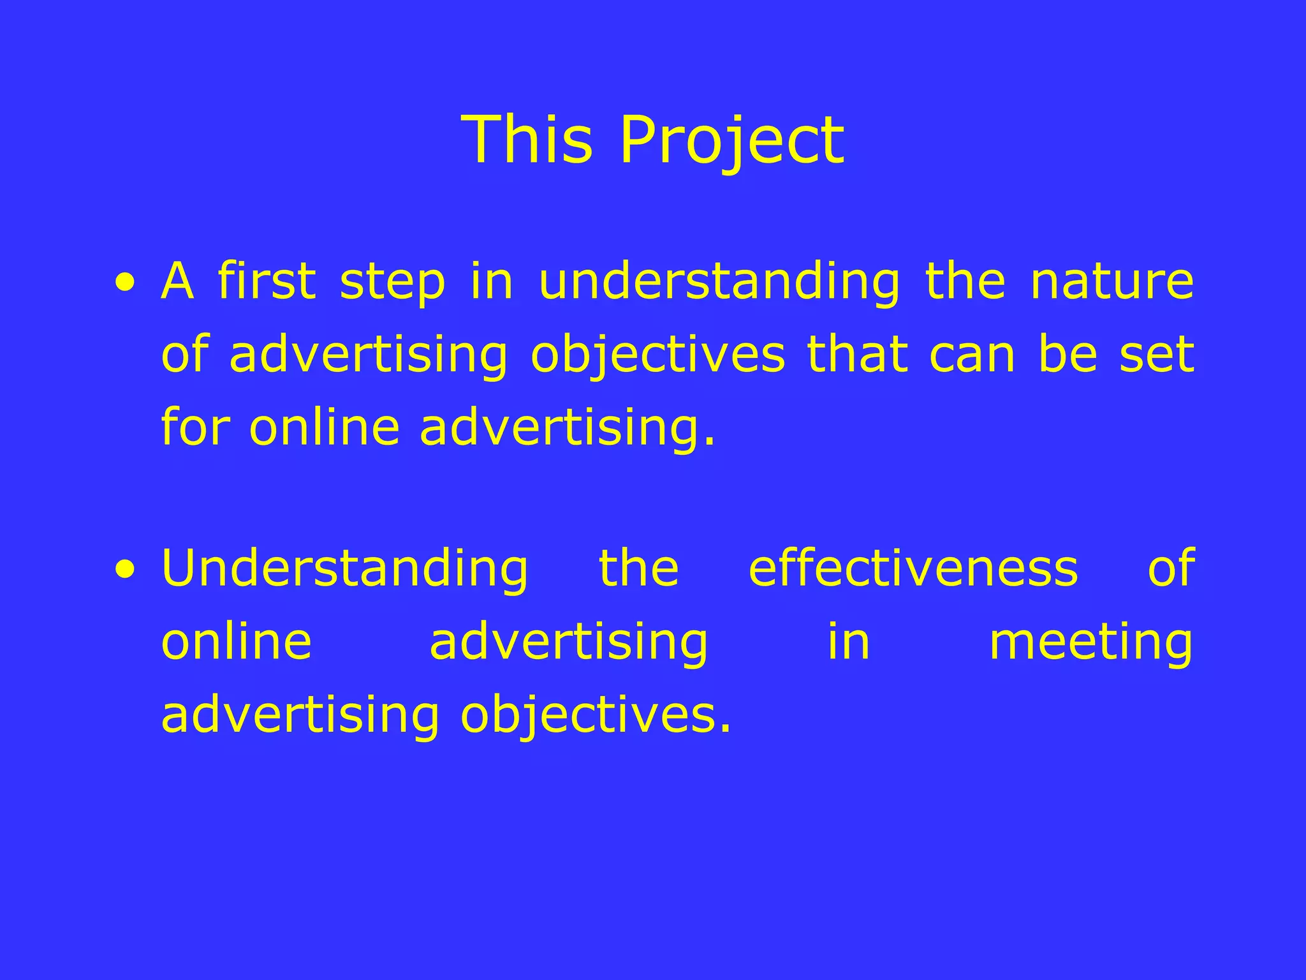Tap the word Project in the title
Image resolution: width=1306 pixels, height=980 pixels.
coord(731,142)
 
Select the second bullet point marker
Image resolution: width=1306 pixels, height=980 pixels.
coord(126,569)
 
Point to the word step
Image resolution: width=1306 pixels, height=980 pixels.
coord(392,284)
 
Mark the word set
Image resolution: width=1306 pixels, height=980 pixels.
coord(1157,355)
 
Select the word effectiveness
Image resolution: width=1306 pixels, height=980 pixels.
coord(913,568)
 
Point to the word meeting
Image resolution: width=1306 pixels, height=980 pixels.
coord(1090,643)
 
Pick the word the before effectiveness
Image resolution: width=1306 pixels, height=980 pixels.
coord(639,568)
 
